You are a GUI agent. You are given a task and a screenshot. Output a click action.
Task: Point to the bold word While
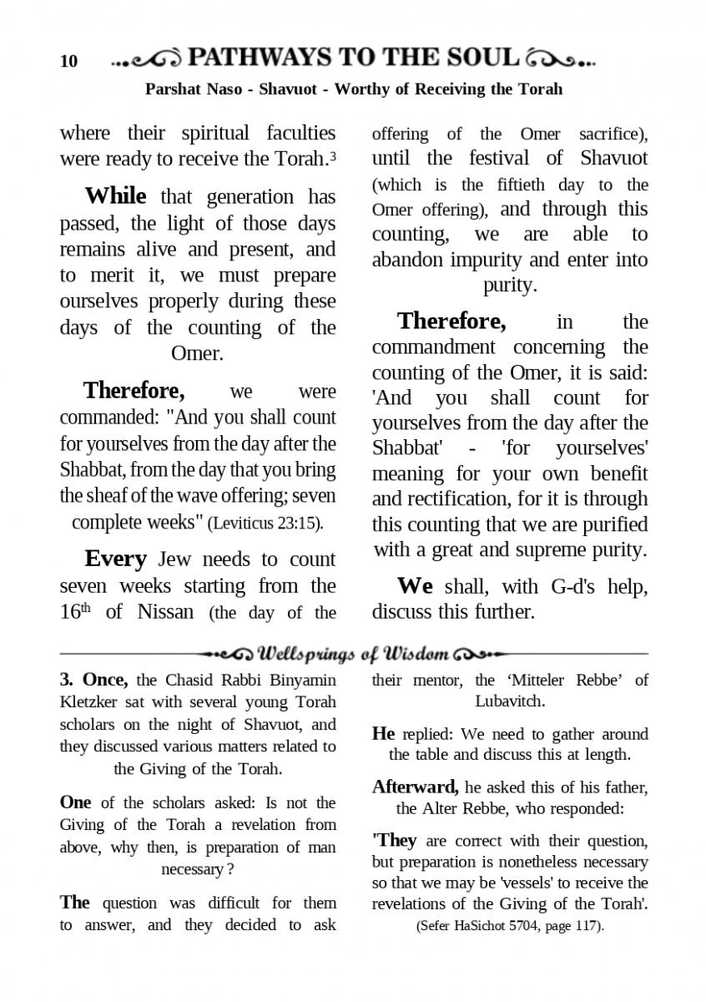(x=115, y=196)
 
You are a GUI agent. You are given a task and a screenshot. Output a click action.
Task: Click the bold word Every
(x=115, y=559)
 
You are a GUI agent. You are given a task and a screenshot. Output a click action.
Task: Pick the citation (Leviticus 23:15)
(x=265, y=524)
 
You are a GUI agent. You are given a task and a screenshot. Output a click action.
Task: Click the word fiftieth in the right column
(x=523, y=185)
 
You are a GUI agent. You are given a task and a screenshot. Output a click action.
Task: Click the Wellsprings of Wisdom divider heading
(x=355, y=652)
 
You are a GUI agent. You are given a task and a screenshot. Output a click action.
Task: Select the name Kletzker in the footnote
(x=91, y=702)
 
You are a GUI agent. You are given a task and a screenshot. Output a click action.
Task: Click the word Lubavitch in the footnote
(x=510, y=701)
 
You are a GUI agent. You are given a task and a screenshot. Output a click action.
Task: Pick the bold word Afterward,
(x=415, y=787)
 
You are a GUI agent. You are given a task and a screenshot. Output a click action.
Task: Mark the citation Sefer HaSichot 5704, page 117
(x=509, y=926)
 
